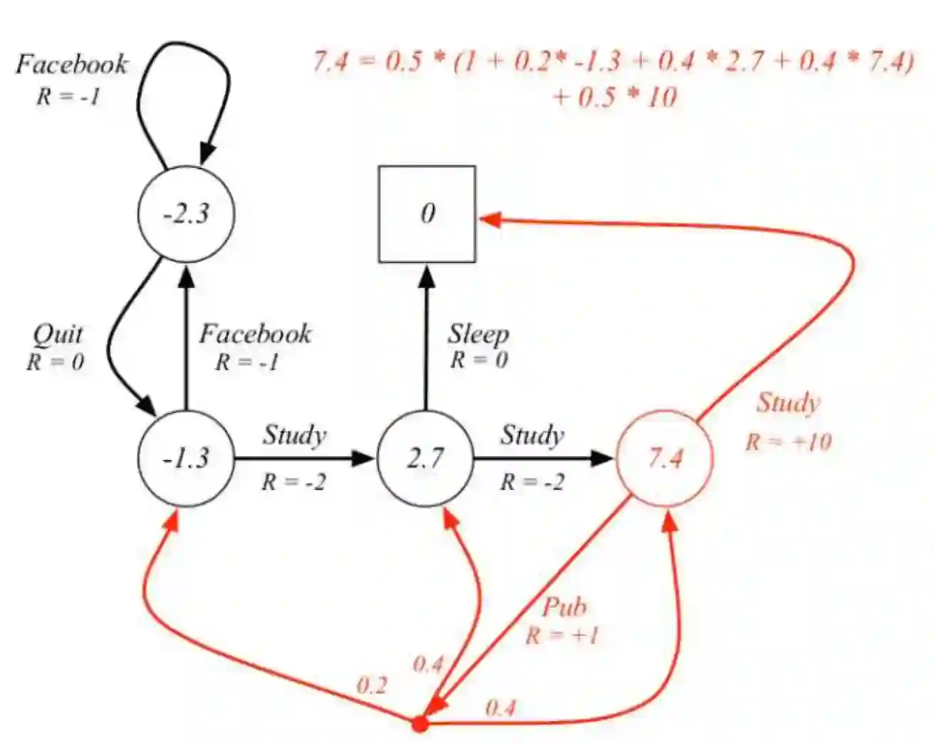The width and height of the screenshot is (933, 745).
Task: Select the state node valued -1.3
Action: tap(186, 458)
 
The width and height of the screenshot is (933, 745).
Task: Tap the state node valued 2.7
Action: tap(426, 458)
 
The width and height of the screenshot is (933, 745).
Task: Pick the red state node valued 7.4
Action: tap(665, 458)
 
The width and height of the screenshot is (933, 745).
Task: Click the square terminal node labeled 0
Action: tap(427, 214)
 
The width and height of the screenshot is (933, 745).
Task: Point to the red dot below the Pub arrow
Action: tap(420, 724)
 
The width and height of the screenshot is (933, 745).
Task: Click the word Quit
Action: tap(58, 334)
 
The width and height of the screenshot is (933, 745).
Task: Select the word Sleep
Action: tap(478, 334)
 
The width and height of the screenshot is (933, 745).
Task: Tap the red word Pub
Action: tap(565, 608)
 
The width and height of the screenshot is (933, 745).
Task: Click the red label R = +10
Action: tap(788, 442)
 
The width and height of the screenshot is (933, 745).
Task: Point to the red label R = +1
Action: tap(562, 635)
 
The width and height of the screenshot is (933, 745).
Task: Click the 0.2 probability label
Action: tap(371, 686)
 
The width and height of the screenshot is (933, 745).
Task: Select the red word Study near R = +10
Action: tap(788, 402)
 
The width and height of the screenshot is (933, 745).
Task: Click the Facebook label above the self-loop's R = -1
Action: tap(71, 65)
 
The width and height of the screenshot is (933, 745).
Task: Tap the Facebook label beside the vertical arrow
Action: tap(255, 334)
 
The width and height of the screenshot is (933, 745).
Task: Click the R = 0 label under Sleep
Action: tap(479, 360)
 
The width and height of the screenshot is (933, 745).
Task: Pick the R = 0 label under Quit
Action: tap(56, 362)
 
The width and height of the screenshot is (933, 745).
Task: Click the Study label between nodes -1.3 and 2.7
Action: tap(294, 434)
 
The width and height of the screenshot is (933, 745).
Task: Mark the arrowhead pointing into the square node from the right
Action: tap(489, 219)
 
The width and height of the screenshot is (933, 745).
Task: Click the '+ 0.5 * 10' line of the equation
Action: tap(614, 97)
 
